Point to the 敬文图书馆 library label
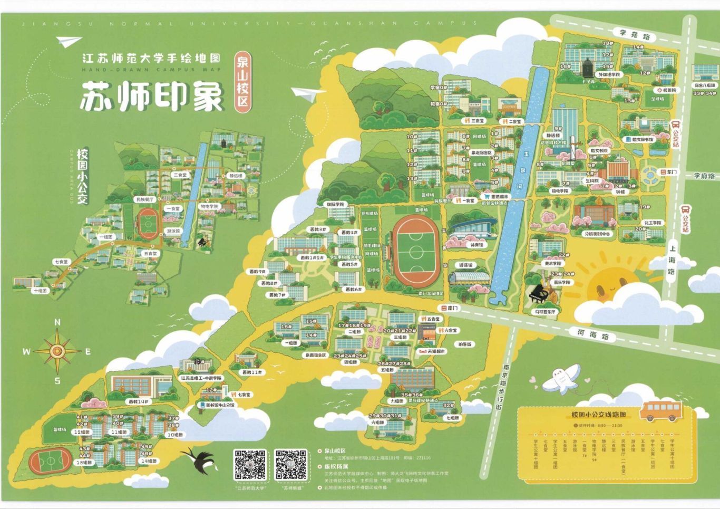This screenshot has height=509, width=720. coord(639,140)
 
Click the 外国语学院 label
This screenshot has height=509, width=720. coord(609,75)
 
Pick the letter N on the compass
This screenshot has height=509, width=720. coord(57,322)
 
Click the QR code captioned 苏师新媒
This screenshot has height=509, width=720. coord(290,464)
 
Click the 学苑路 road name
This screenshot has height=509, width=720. coord(635,35)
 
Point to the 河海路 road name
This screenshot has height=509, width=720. coord(592,335)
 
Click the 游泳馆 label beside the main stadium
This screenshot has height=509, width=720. coord(466,265)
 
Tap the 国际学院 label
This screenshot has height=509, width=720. coord(335,204)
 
